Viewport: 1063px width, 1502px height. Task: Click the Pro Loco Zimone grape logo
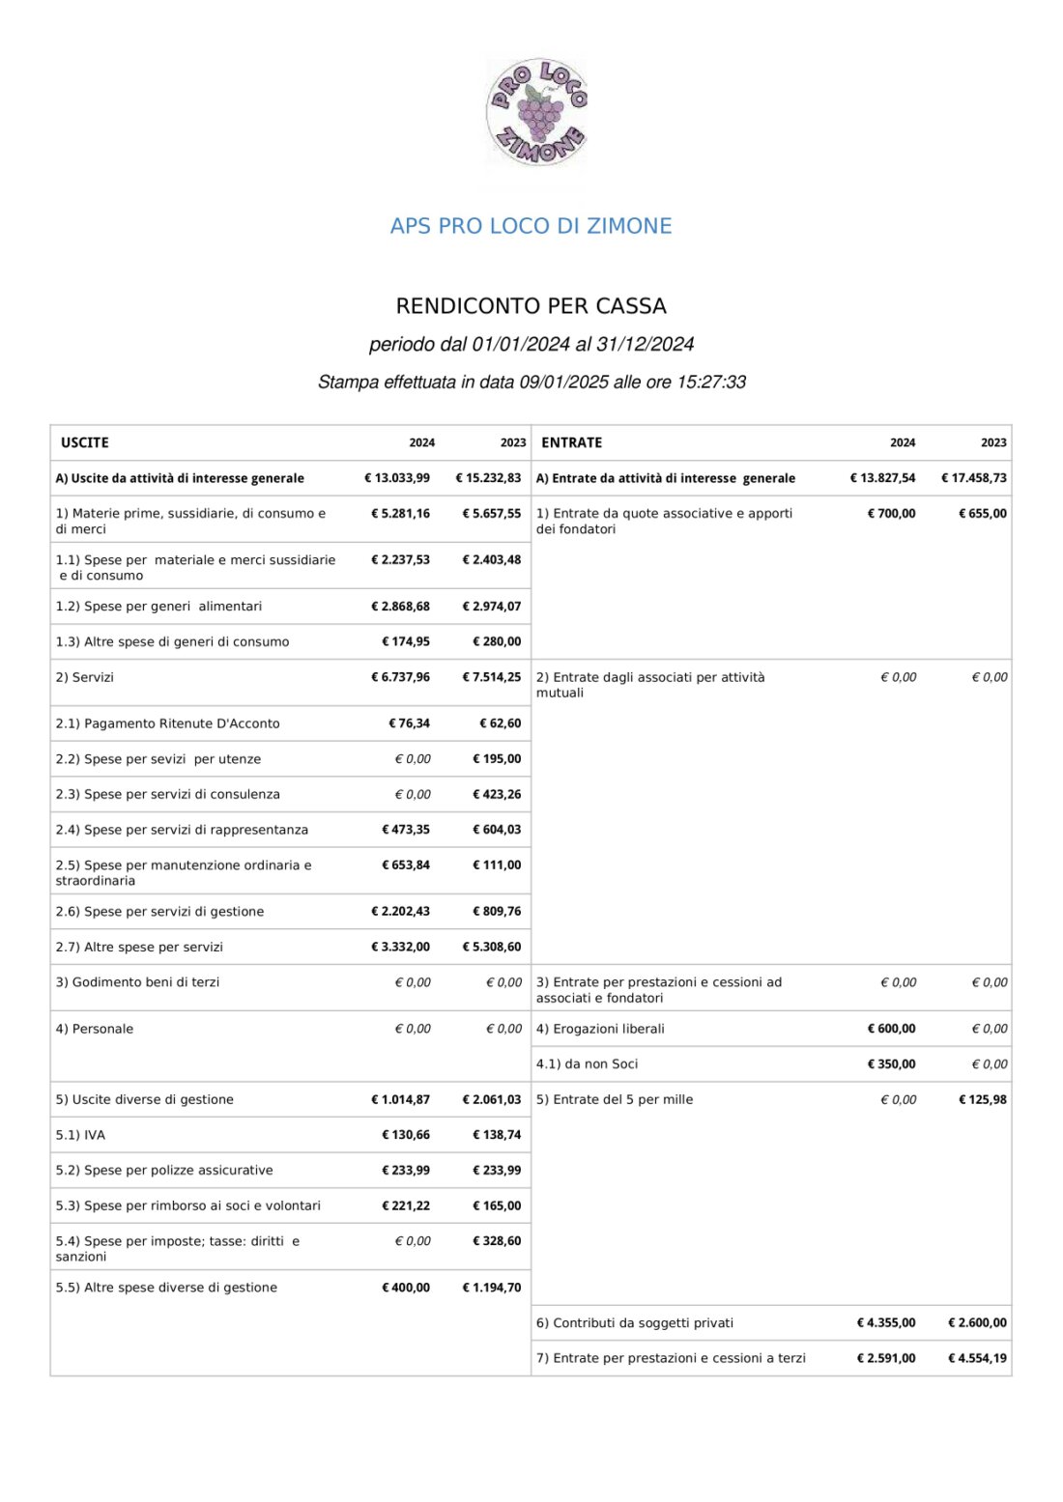pyautogui.click(x=536, y=111)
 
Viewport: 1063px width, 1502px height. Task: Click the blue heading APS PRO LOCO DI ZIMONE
pyautogui.click(x=531, y=226)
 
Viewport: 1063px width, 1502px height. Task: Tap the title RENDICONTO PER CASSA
pyautogui.click(x=531, y=306)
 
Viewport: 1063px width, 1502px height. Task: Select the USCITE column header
pyautogui.click(x=85, y=442)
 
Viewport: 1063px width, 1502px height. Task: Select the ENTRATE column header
pyautogui.click(x=571, y=442)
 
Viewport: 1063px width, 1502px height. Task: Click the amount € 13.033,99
pyautogui.click(x=397, y=478)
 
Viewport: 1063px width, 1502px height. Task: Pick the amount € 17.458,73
pyautogui.click(x=973, y=478)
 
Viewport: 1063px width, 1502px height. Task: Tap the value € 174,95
pyautogui.click(x=406, y=641)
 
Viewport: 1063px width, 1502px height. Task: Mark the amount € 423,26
pyautogui.click(x=497, y=794)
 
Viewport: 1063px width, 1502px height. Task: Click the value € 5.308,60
pyautogui.click(x=492, y=947)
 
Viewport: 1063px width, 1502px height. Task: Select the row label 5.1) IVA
pyautogui.click(x=80, y=1135)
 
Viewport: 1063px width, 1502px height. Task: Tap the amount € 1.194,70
pyautogui.click(x=492, y=1288)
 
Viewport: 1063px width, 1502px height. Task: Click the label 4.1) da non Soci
pyautogui.click(x=587, y=1064)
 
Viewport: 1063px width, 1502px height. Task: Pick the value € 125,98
pyautogui.click(x=982, y=1099)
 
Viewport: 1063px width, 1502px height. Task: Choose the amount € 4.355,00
pyautogui.click(x=886, y=1323)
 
